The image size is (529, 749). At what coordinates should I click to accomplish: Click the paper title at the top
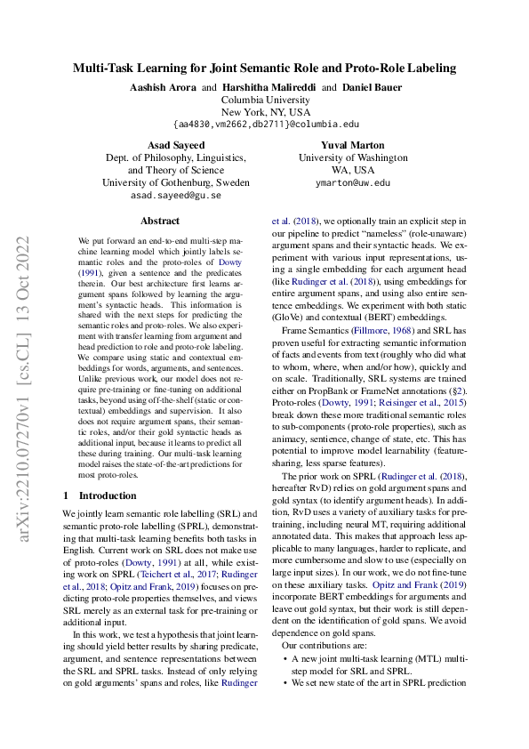pos(264,67)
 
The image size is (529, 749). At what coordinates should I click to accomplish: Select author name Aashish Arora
pos(157,88)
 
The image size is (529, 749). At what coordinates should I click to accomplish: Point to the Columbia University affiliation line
pos(265,101)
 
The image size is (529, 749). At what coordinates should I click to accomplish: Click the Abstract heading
pos(160,221)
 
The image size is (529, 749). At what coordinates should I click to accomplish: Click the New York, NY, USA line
pos(265,113)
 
